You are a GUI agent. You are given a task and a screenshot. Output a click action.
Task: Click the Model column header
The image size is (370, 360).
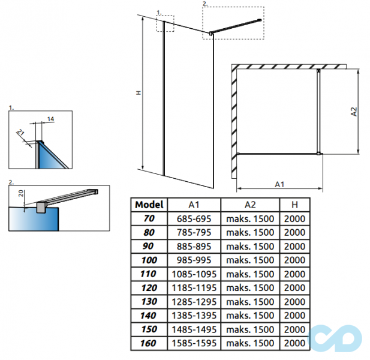pyautogui.click(x=149, y=205)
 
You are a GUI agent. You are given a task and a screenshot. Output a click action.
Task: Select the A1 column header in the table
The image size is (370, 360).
pyautogui.click(x=194, y=205)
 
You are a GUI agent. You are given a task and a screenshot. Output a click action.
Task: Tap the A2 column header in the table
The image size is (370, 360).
pyautogui.click(x=250, y=205)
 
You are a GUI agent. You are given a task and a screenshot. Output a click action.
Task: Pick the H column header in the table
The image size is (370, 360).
pyautogui.click(x=294, y=205)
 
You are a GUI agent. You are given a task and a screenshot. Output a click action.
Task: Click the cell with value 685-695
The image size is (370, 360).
pyautogui.click(x=194, y=218)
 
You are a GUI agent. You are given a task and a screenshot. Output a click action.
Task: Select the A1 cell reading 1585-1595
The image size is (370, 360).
pyautogui.click(x=194, y=343)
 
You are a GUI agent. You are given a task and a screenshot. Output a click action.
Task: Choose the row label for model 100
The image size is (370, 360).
pyautogui.click(x=149, y=260)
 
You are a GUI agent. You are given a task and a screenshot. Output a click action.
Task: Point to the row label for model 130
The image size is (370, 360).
pyautogui.click(x=149, y=302)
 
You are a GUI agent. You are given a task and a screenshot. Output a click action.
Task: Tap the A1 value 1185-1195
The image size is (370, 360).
pyautogui.click(x=194, y=288)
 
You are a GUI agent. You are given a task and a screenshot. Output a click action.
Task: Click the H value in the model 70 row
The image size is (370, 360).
pyautogui.click(x=294, y=218)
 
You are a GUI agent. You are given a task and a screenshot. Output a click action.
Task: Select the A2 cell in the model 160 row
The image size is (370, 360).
pyautogui.click(x=250, y=343)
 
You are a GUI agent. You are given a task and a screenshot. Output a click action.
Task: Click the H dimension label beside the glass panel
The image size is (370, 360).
pyautogui.click(x=137, y=94)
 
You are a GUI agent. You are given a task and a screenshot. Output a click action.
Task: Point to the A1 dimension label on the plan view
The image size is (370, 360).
pyautogui.click(x=279, y=184)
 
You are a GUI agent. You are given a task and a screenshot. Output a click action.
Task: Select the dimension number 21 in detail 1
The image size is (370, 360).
pyautogui.click(x=21, y=133)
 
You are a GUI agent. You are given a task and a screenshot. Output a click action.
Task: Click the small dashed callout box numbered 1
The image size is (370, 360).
pyautogui.click(x=165, y=23)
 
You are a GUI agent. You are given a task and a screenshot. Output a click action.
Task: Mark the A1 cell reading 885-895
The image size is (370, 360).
pyautogui.click(x=194, y=246)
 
